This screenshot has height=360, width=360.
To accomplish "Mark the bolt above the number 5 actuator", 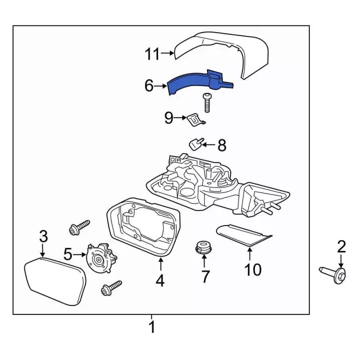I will coord(76,229).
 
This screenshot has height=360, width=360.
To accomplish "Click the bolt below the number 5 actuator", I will coord(107,289).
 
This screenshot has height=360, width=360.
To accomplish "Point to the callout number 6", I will coord(149,85).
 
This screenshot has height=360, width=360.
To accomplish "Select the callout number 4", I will coord(160,280).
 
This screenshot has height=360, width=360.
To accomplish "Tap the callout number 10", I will coord(253,270).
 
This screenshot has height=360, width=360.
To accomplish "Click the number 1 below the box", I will coord(151,327).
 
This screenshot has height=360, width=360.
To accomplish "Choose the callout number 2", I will coord(340,246).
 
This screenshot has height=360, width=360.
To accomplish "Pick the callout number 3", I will coord(43,236).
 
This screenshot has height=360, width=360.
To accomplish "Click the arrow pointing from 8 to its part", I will coord(207,145).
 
